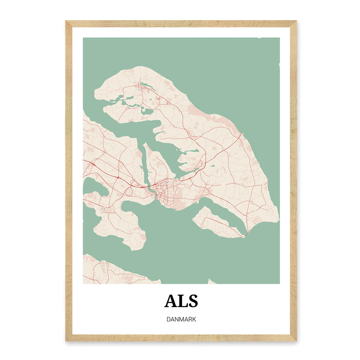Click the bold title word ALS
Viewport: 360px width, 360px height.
[181, 301]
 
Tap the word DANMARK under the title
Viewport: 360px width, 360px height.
[181, 319]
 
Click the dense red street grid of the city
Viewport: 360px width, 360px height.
[164, 194]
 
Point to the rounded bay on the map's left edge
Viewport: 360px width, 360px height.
[92, 187]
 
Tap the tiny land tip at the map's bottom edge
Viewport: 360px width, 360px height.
[212, 282]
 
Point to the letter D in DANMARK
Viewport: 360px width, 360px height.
[169, 319]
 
